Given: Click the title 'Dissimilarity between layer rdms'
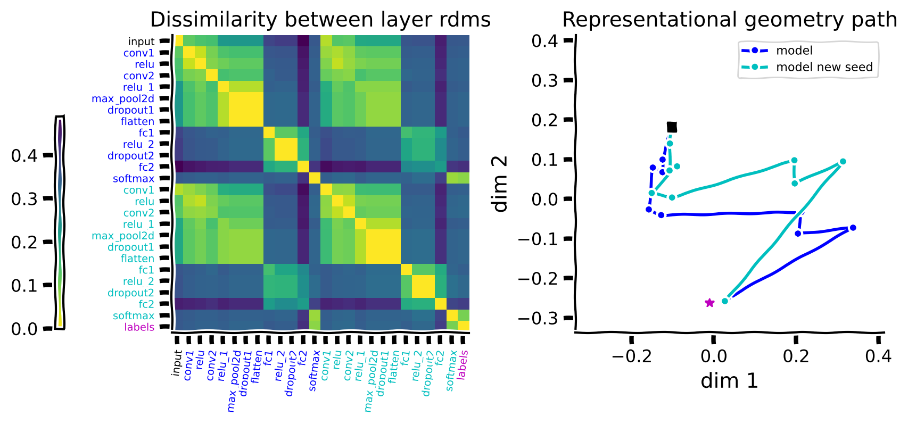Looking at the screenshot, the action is (320, 20).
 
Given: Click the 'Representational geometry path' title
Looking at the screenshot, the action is (730, 20).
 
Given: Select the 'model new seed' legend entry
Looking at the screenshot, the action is (824, 67).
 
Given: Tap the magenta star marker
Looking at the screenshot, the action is (709, 303).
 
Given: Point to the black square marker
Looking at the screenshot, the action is (672, 127).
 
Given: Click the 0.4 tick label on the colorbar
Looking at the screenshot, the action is (24, 156).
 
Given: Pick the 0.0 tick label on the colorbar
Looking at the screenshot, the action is (24, 329).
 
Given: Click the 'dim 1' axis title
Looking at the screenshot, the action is (729, 381).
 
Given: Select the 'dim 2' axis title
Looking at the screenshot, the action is (500, 185).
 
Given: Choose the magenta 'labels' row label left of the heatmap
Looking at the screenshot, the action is (139, 327).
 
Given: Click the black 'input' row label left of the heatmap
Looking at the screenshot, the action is (141, 41).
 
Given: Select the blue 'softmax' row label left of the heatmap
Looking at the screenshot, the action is (134, 179).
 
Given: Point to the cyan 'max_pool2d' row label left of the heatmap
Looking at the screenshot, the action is (123, 236).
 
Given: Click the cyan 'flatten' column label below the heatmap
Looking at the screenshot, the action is (394, 367).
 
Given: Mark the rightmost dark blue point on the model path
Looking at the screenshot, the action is (853, 228).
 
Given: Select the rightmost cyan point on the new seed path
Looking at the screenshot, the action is (843, 162).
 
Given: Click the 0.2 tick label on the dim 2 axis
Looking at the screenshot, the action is (545, 120).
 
